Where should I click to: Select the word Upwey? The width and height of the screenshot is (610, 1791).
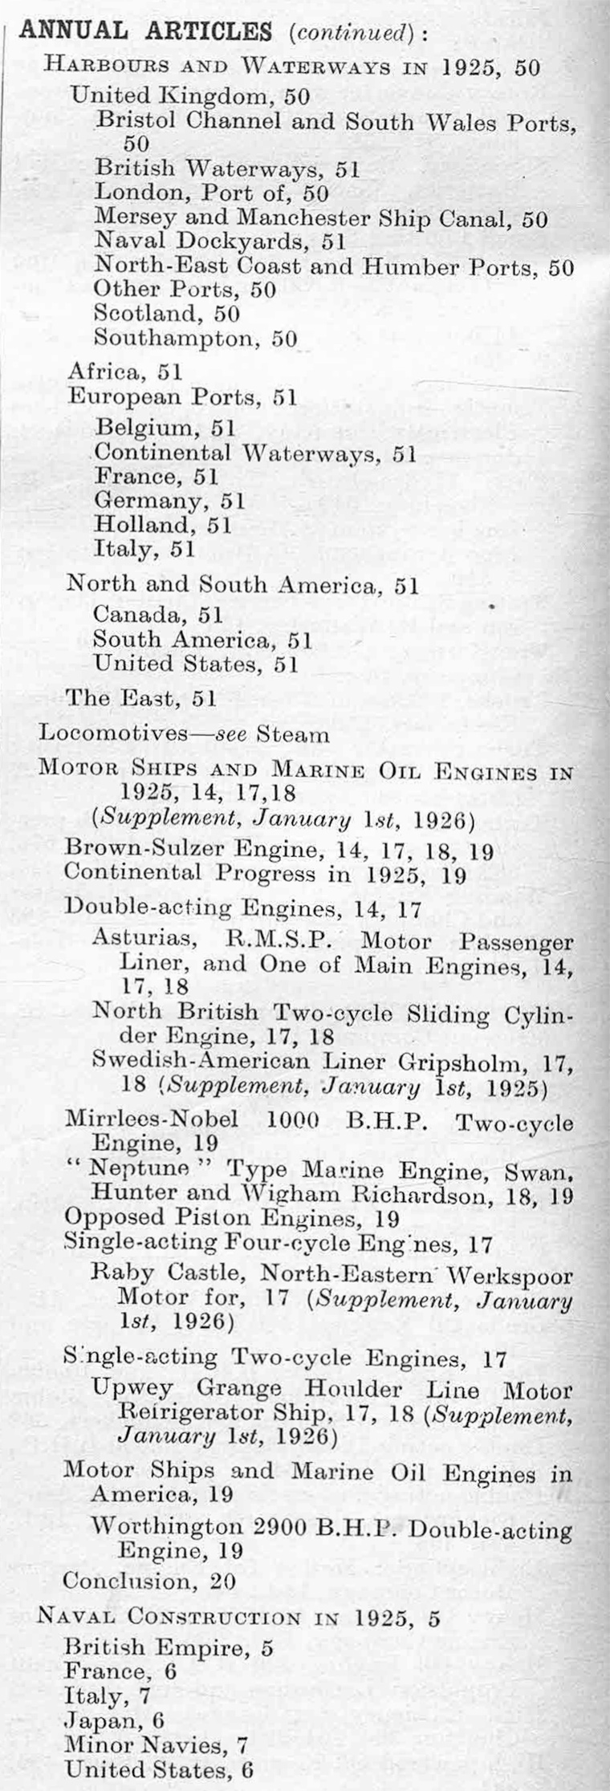131,1388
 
